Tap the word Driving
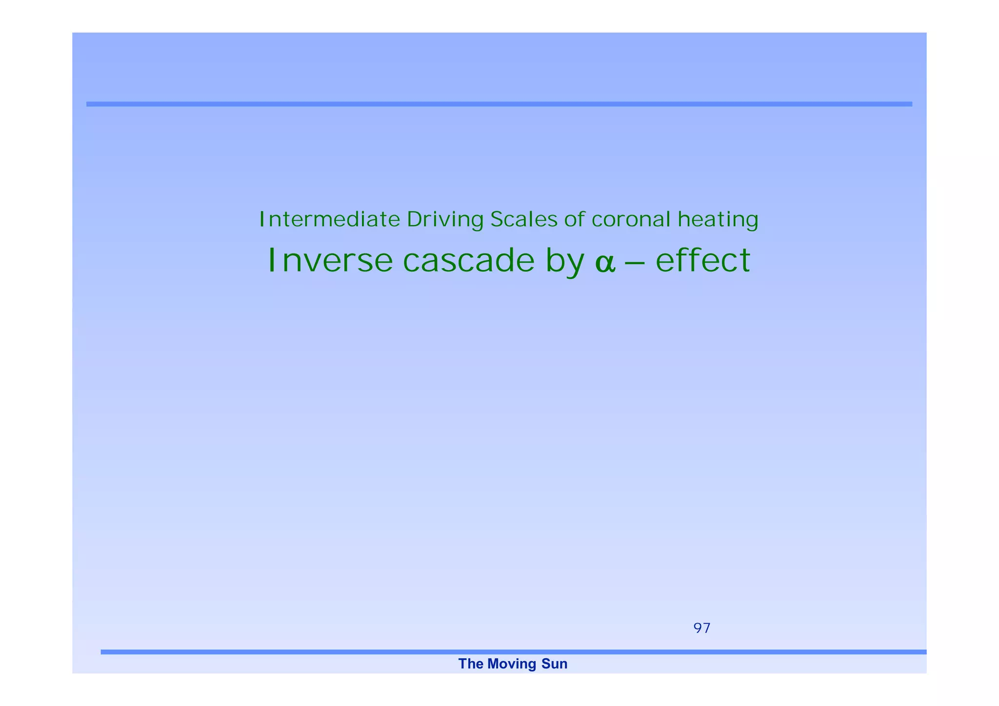pos(445,220)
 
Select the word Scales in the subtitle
pos(523,219)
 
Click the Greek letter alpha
pos(605,264)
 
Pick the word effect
pos(702,260)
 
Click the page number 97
pos(701,628)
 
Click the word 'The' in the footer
pos(470,664)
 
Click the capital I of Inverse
pos(272,260)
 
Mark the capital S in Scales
pos(496,219)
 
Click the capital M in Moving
pos(492,664)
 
